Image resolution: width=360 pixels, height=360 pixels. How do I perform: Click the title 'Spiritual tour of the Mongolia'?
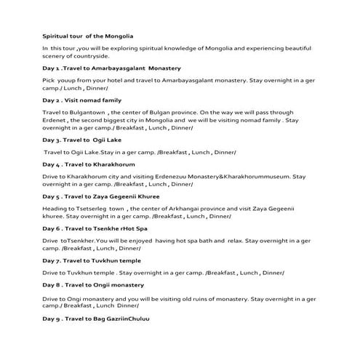click(87, 35)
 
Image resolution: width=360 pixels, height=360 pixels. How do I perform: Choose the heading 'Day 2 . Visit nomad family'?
click(81, 100)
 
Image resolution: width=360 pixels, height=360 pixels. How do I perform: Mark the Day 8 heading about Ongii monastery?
click(93, 285)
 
